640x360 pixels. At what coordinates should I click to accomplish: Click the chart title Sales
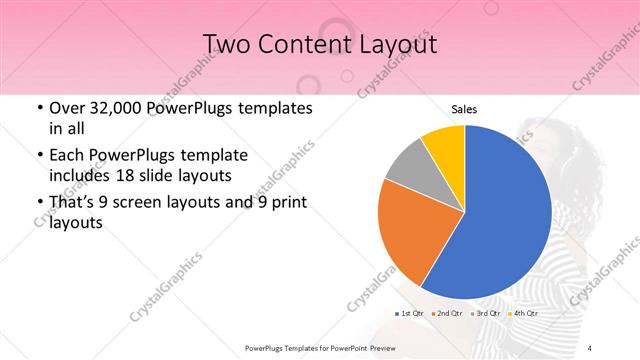point(464,109)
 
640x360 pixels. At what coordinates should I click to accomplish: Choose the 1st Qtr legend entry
point(411,314)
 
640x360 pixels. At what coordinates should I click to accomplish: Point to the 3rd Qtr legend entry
point(487,314)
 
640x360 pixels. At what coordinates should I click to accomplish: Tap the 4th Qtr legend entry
point(524,314)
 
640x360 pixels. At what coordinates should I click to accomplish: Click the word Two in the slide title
point(224,44)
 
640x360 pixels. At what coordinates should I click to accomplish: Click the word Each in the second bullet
point(67,156)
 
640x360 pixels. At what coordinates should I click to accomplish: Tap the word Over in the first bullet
point(67,108)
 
